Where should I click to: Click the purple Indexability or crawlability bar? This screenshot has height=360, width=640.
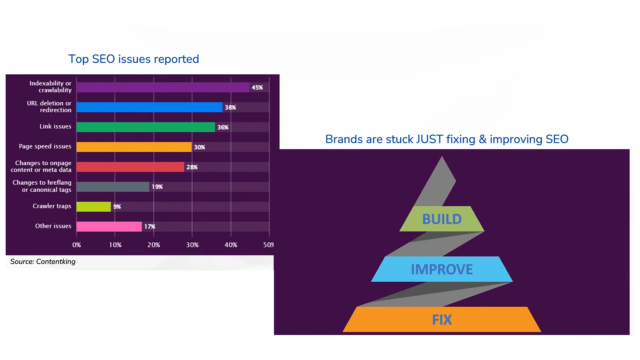click(163, 87)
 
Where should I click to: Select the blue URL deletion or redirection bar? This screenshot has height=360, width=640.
click(149, 107)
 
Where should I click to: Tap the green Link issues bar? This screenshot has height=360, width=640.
click(146, 127)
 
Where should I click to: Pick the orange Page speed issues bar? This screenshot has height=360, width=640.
click(134, 147)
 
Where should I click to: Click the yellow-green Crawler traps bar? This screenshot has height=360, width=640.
click(94, 207)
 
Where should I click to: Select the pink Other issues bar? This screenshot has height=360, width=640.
click(109, 227)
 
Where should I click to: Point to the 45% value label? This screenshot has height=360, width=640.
click(257, 87)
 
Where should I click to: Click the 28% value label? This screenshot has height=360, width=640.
click(192, 167)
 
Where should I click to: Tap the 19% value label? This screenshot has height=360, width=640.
click(157, 187)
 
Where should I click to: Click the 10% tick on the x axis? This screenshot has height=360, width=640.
click(115, 245)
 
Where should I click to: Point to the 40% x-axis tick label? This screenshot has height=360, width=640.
click(231, 245)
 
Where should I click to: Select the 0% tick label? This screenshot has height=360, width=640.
click(77, 245)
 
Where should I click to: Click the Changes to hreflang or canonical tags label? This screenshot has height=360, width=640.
click(42, 186)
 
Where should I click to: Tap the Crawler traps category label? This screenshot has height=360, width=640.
click(52, 206)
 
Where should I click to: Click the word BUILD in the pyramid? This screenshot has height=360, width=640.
click(442, 219)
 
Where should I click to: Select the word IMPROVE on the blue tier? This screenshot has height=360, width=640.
click(442, 269)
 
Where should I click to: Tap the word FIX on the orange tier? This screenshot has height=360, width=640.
click(442, 320)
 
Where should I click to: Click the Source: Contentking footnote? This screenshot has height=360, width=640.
click(43, 262)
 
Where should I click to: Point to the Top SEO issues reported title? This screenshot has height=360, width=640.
click(134, 59)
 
